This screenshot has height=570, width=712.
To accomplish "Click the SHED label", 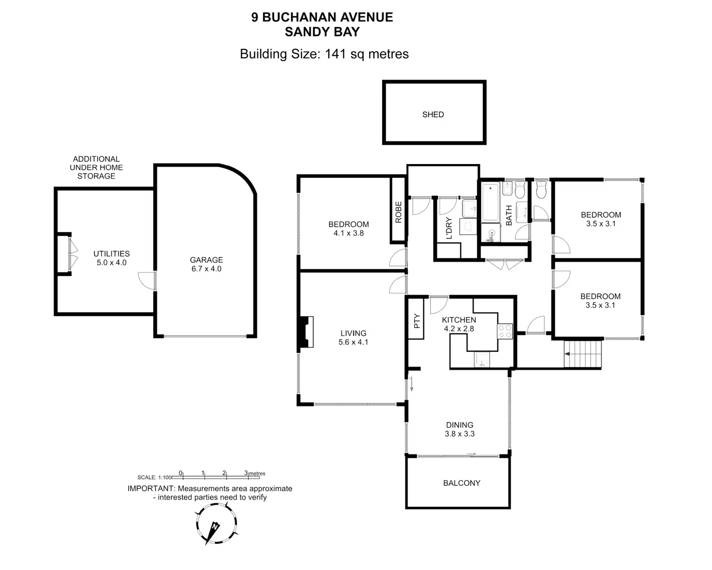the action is (x=433, y=115).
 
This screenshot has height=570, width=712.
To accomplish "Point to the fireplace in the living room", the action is (x=307, y=332).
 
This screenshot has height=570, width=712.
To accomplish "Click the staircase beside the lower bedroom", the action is (x=583, y=354).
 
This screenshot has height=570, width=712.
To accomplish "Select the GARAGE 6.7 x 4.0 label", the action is (x=207, y=264).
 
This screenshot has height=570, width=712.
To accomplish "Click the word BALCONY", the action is (x=461, y=483).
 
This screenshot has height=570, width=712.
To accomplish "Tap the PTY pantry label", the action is (x=417, y=321).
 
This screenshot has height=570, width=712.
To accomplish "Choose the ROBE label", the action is (x=399, y=212).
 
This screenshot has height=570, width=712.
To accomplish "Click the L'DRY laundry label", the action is (x=449, y=228).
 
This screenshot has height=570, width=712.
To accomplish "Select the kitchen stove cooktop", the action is (x=505, y=331).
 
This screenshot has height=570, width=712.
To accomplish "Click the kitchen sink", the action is (x=482, y=360).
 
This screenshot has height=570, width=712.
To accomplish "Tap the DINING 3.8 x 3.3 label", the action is (x=460, y=429).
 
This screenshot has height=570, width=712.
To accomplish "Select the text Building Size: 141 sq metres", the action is (x=324, y=54).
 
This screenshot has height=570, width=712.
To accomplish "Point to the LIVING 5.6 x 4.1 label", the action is (x=353, y=337).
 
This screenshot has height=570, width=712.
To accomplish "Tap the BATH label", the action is (x=509, y=215).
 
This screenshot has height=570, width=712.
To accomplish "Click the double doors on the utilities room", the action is (x=73, y=254).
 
